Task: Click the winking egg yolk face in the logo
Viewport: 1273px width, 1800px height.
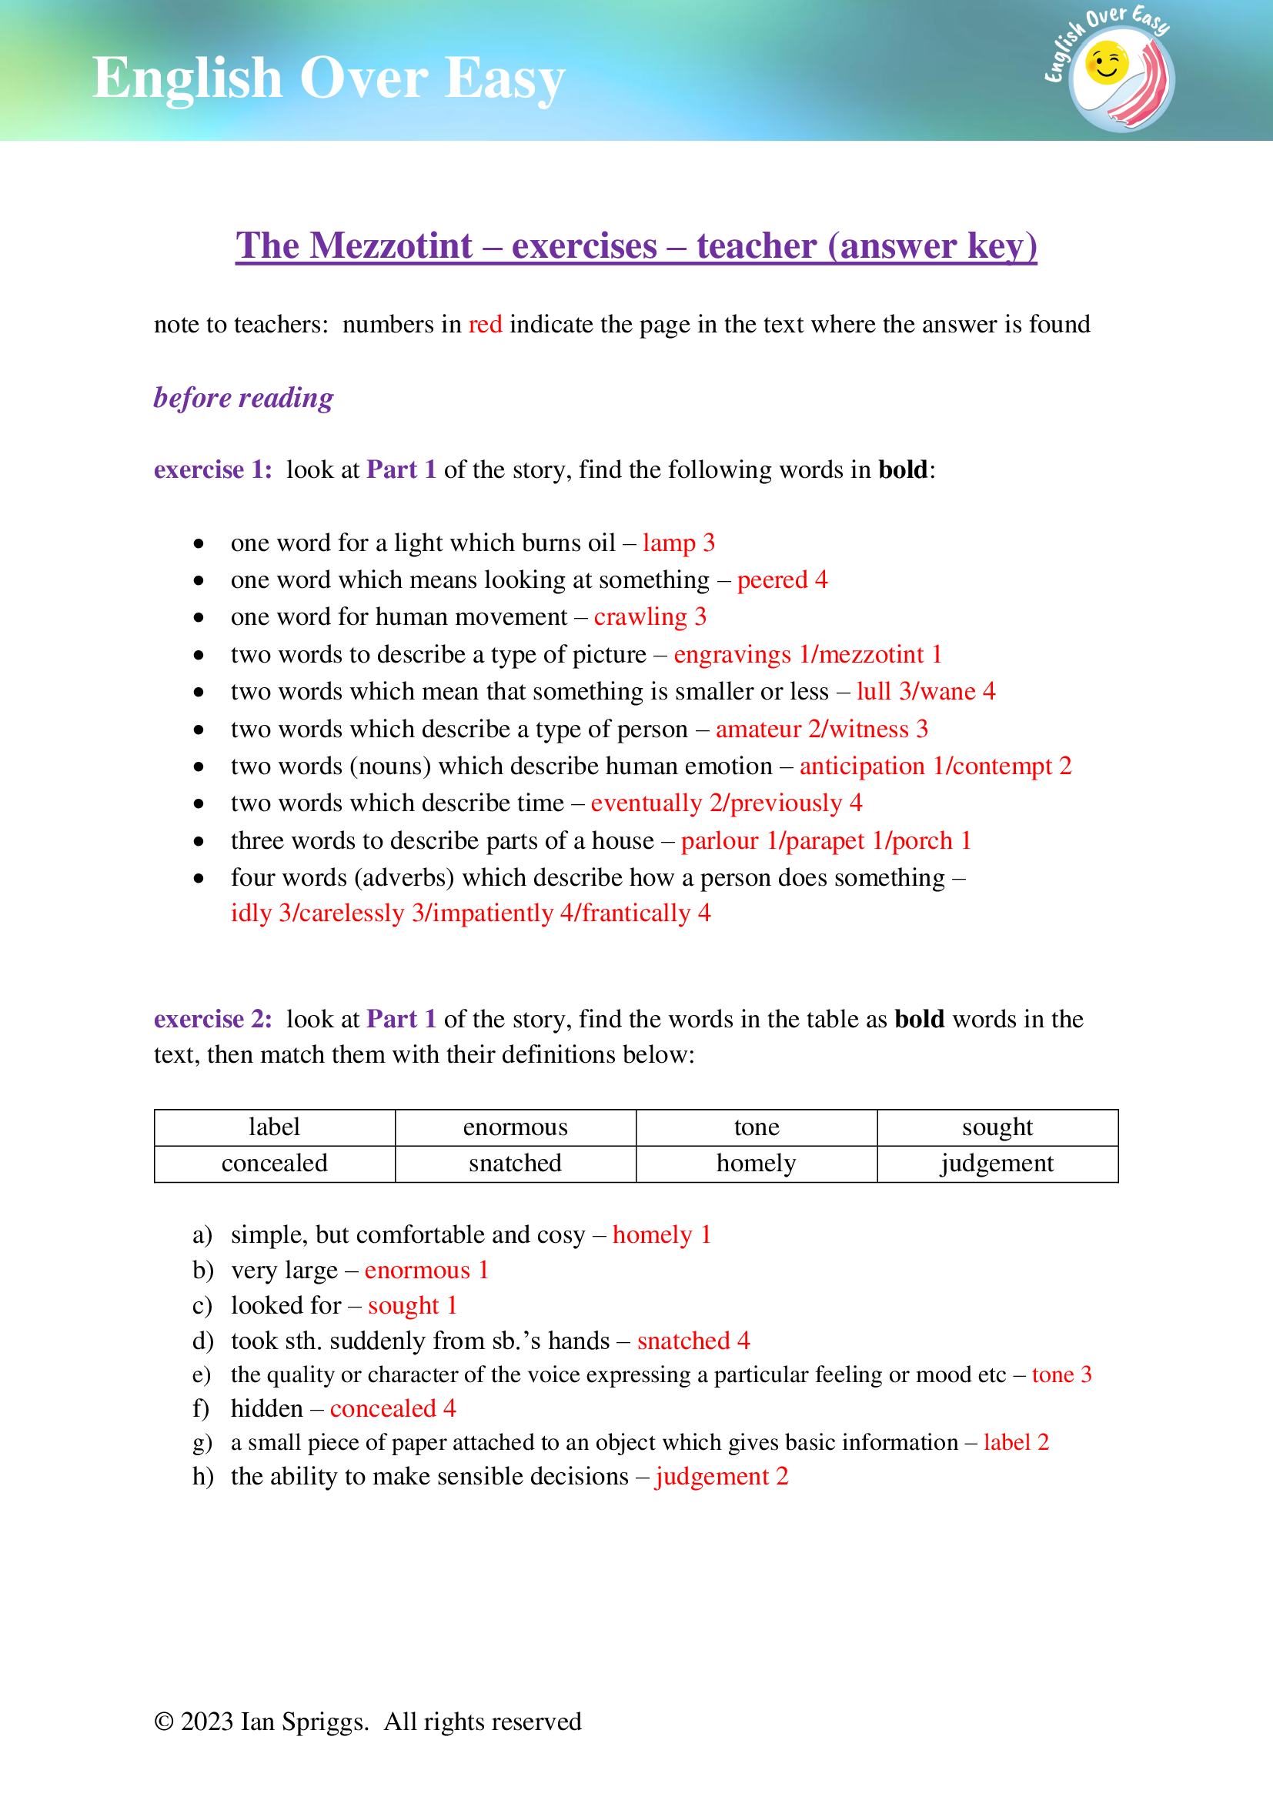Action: (x=1106, y=65)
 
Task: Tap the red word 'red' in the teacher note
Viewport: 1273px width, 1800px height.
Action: (x=485, y=325)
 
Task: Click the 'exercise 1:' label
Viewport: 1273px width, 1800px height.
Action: (x=213, y=469)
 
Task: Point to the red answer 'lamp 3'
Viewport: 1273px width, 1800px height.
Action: (x=679, y=543)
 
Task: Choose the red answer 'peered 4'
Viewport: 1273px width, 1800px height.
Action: (x=782, y=580)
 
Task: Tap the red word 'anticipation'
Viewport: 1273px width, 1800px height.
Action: (x=862, y=766)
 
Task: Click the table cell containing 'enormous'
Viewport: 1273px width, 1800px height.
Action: (x=515, y=1127)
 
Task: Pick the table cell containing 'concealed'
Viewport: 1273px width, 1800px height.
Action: (x=274, y=1164)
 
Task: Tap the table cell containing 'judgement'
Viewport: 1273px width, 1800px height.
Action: (x=997, y=1164)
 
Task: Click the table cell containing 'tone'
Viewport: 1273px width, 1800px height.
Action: (x=757, y=1127)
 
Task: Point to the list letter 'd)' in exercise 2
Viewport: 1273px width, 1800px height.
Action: (x=203, y=1341)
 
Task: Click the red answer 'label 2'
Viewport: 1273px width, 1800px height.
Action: (x=1016, y=1442)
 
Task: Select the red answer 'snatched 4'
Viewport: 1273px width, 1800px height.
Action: (x=693, y=1341)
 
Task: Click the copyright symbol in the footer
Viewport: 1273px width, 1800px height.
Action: (x=164, y=1722)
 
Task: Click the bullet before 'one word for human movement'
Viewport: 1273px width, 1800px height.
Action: (x=199, y=618)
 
